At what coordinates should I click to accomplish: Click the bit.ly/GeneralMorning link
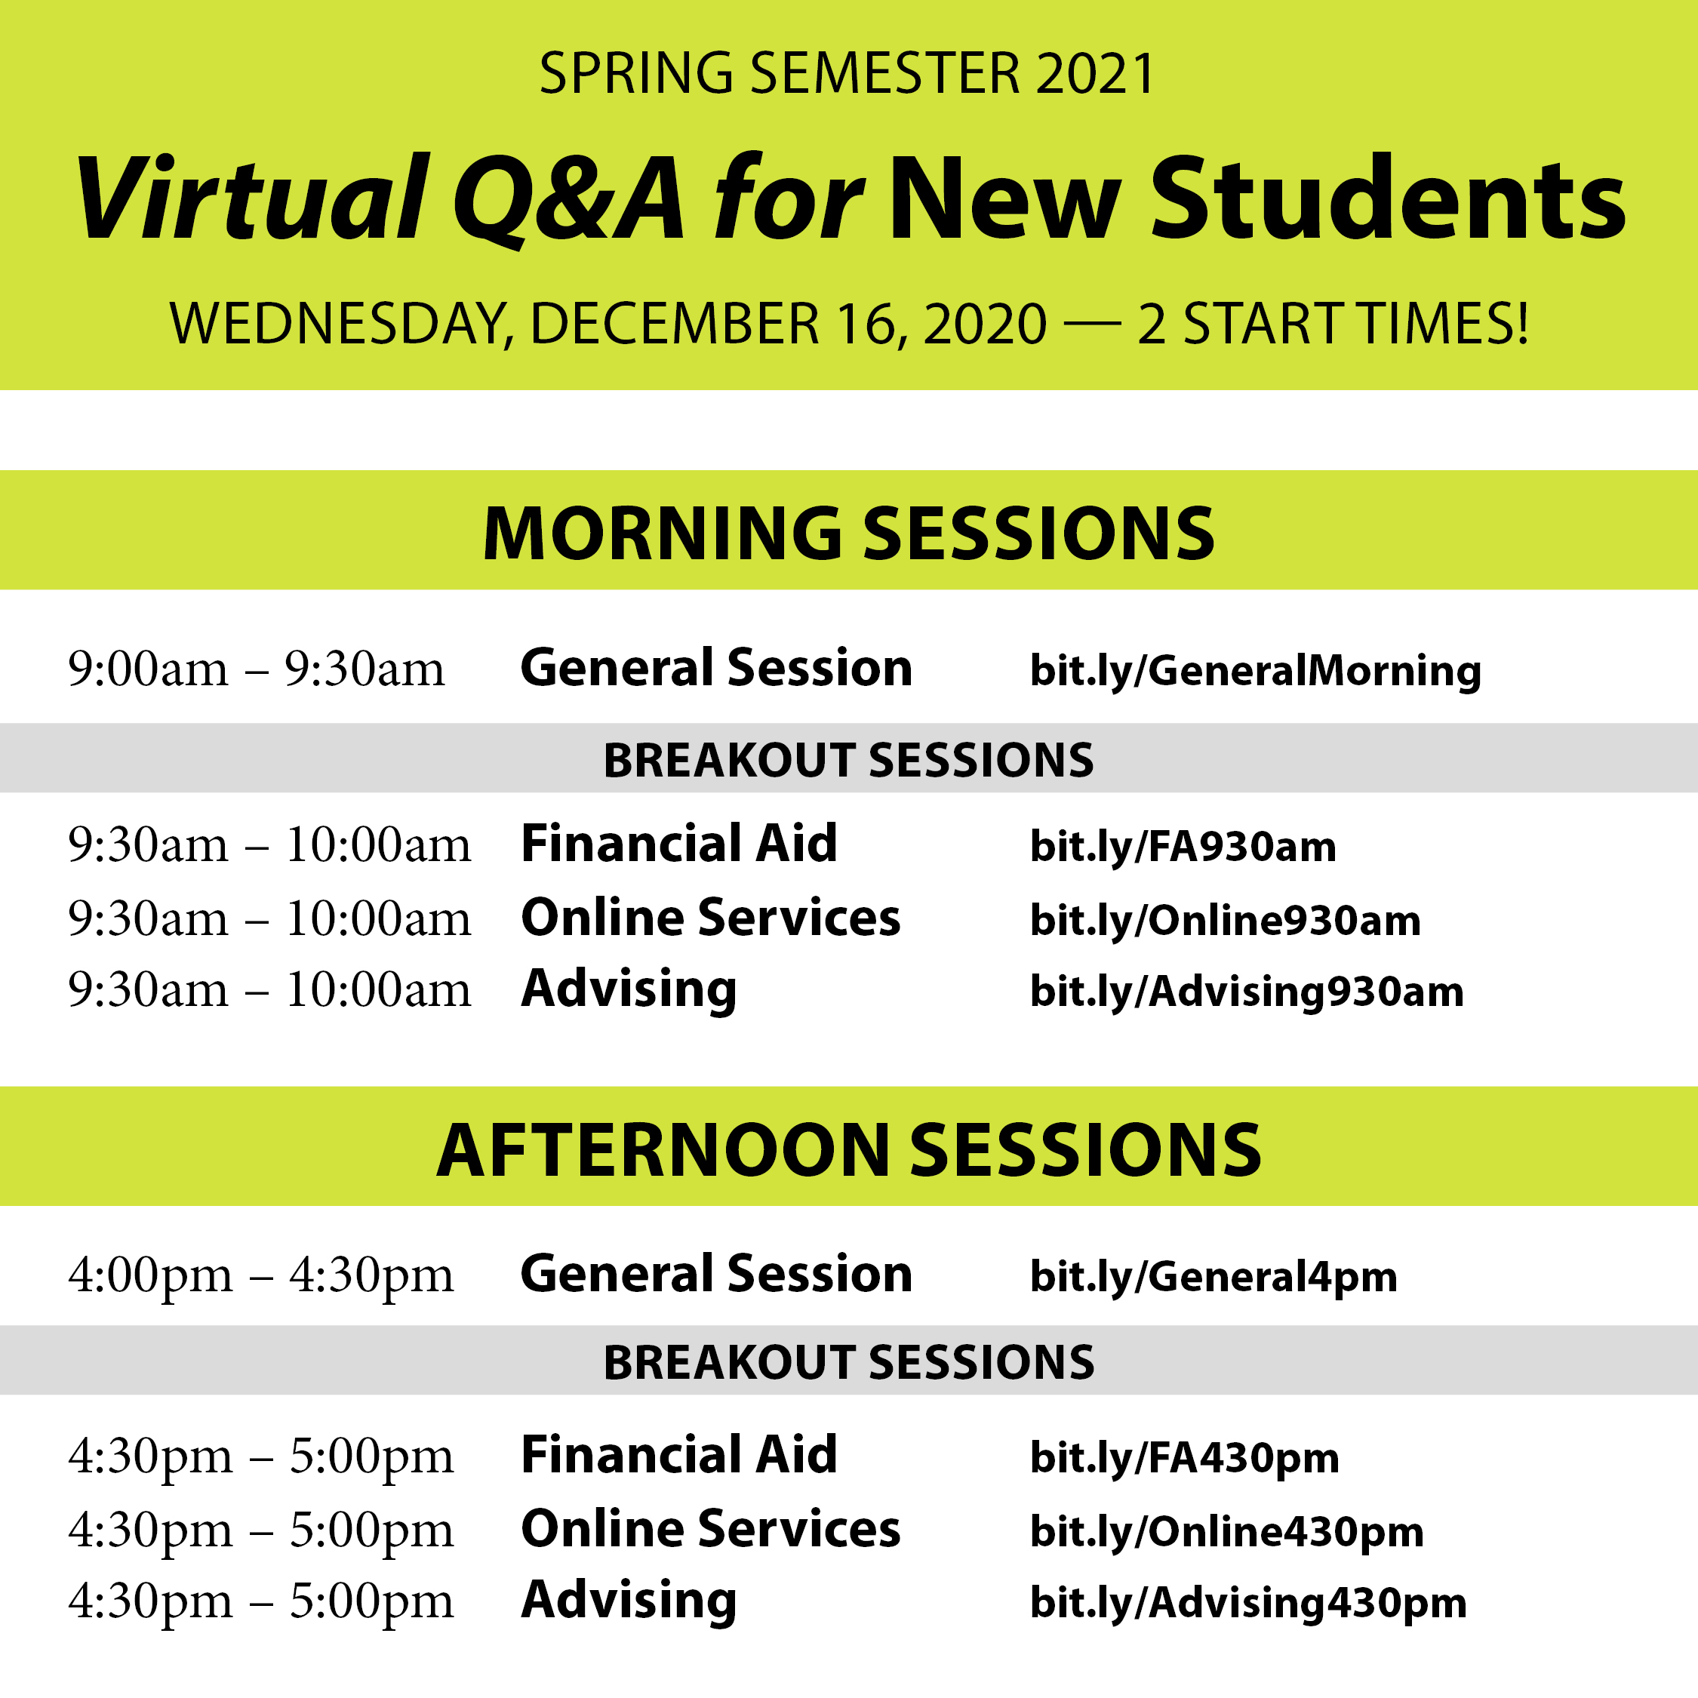click(1255, 672)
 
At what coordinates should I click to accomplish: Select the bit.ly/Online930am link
click(1224, 921)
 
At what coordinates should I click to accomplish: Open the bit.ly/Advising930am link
click(1246, 992)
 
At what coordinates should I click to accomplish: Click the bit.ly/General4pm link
click(1213, 1277)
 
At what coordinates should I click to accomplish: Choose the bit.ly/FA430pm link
click(1184, 1458)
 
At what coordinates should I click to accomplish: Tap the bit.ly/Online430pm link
click(1226, 1532)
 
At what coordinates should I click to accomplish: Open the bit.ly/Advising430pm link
click(1248, 1603)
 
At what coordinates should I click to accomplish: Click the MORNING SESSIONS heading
click(849, 534)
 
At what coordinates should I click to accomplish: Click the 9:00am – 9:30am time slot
click(257, 669)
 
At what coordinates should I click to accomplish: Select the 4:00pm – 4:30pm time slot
click(261, 1275)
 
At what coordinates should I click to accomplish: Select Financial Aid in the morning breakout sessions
click(678, 844)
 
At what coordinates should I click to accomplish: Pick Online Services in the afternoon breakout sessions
click(710, 1528)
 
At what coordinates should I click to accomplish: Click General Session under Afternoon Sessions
click(716, 1274)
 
